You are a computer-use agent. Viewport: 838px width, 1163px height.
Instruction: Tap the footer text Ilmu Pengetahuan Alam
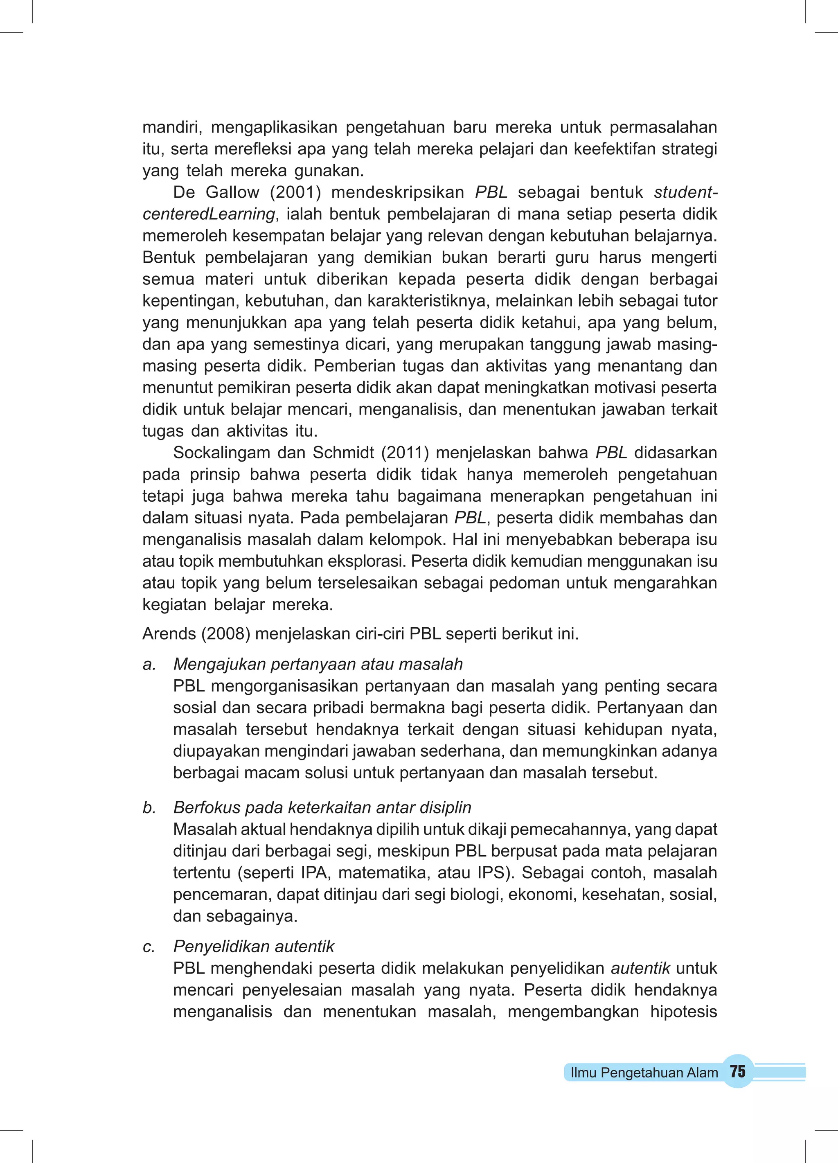644,1073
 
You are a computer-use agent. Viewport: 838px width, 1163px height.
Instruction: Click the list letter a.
149,664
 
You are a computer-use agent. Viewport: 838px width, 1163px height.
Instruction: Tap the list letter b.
149,808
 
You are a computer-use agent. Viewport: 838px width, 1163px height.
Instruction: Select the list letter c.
149,947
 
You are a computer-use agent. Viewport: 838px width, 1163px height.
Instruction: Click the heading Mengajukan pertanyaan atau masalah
318,664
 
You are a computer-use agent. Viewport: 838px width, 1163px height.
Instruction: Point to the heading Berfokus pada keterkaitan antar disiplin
322,808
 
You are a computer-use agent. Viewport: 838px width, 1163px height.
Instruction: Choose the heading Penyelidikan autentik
254,947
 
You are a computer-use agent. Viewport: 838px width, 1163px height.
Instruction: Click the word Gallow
232,192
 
